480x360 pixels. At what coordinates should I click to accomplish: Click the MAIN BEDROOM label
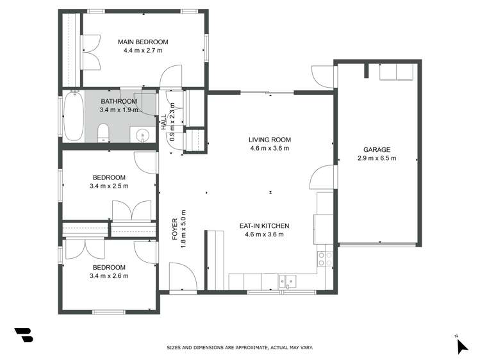tap(142, 42)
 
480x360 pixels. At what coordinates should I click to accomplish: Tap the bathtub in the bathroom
tap(73, 116)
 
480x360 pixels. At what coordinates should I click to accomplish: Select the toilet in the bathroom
tap(103, 133)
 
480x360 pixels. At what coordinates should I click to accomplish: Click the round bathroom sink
tap(142, 135)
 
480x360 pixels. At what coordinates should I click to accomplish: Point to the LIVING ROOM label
tap(270, 140)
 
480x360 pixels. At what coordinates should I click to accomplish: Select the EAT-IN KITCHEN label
tap(264, 226)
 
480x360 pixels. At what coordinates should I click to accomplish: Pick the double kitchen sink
tap(286, 280)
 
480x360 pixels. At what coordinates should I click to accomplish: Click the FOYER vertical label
tap(175, 234)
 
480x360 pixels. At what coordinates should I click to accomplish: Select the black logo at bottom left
tap(23, 335)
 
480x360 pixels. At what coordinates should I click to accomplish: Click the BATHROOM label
tap(119, 101)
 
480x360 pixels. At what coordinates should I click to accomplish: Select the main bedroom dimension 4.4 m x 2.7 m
tap(142, 50)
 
